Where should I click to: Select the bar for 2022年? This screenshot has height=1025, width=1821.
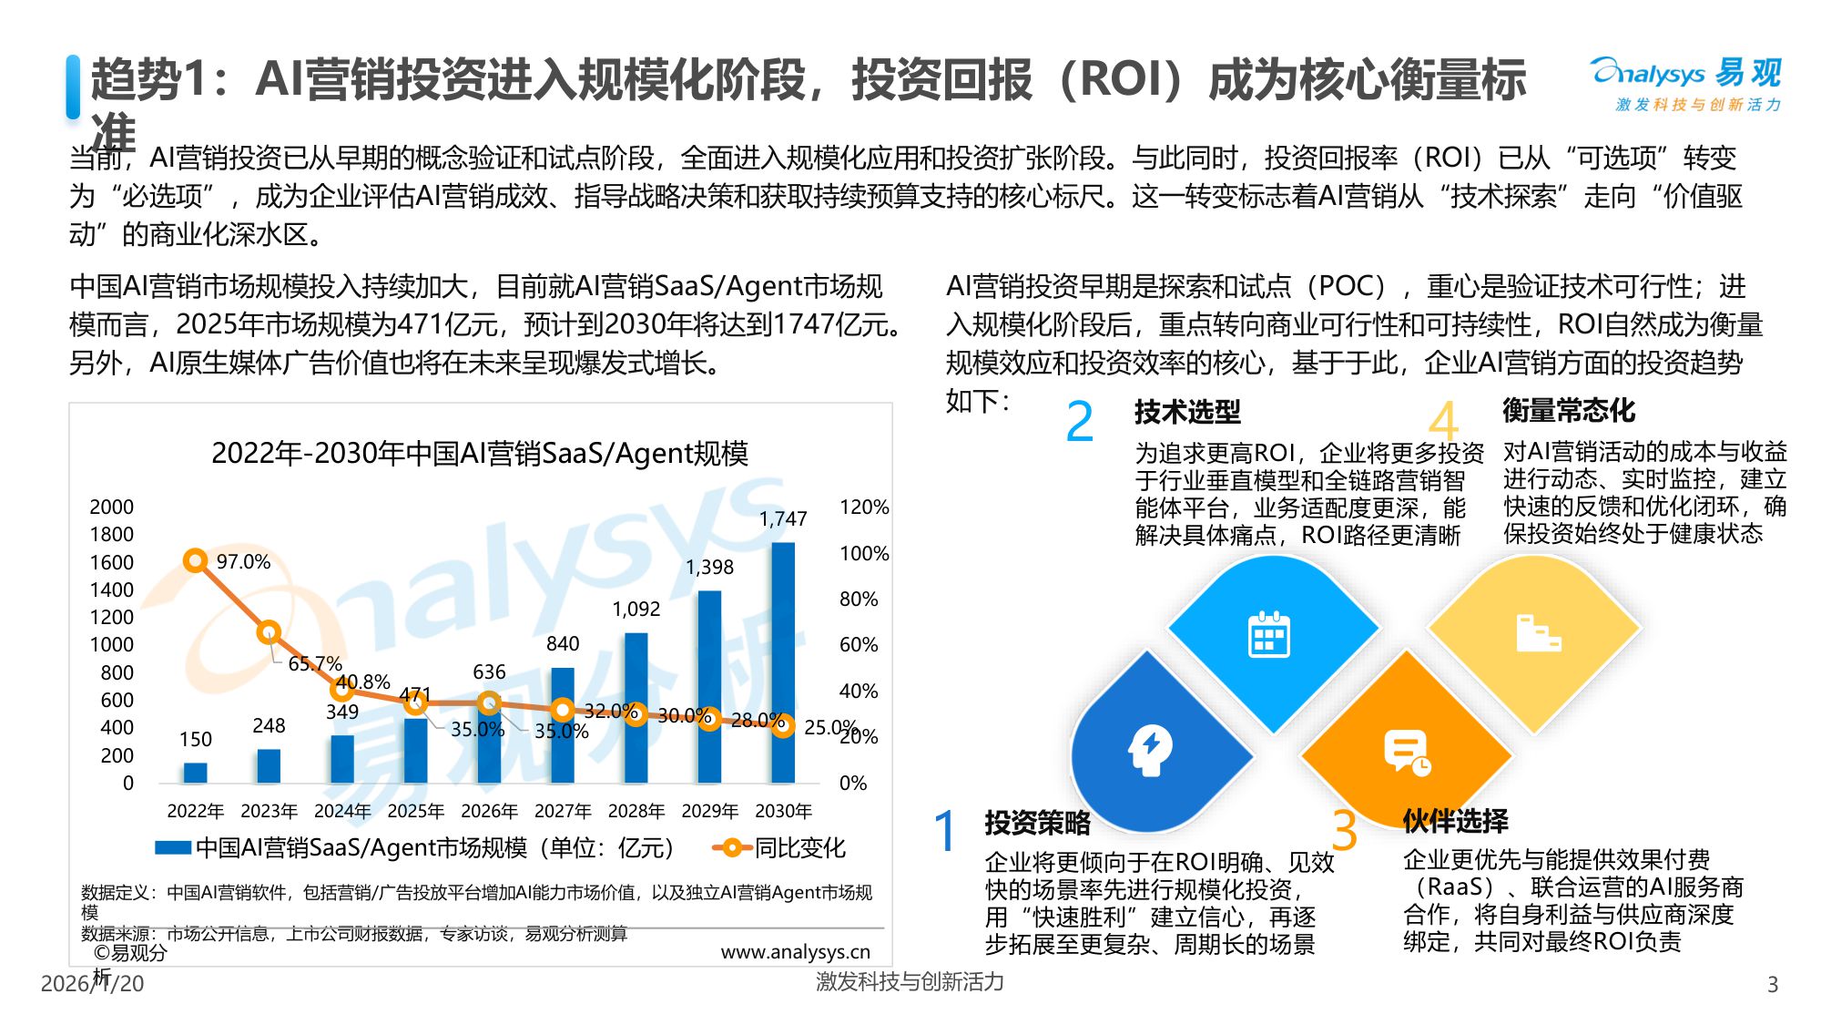click(x=196, y=773)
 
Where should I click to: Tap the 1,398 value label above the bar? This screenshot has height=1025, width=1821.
click(x=709, y=567)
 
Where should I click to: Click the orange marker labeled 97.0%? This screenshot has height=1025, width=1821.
click(x=195, y=560)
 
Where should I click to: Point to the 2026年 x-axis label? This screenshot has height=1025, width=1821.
click(x=489, y=811)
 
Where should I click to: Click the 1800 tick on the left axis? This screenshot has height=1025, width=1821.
click(x=111, y=535)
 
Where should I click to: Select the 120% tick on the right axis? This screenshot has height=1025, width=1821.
click(x=863, y=507)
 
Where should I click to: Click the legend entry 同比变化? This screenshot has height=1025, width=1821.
click(x=799, y=848)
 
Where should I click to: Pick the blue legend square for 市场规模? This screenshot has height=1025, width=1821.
click(x=173, y=848)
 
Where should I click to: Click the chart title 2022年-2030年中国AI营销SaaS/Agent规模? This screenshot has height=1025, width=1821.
click(x=480, y=453)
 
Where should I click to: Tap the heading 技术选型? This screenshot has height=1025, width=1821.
click(x=1187, y=412)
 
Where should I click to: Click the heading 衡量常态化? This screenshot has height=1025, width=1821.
click(x=1569, y=411)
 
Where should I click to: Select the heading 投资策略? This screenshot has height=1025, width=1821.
click(x=1037, y=823)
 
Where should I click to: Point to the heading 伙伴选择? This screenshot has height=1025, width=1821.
click(x=1455, y=821)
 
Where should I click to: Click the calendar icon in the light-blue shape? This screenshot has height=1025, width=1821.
click(x=1268, y=634)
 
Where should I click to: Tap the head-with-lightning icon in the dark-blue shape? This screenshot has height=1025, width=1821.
click(x=1150, y=750)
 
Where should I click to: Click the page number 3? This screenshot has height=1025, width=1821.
click(x=1772, y=984)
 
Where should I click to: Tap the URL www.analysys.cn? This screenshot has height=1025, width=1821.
click(x=795, y=952)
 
